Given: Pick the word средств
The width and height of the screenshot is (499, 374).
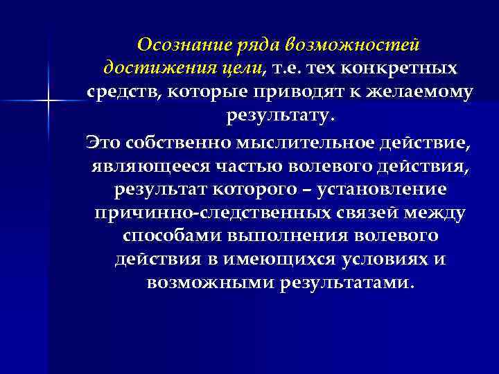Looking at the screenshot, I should pos(123,91).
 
